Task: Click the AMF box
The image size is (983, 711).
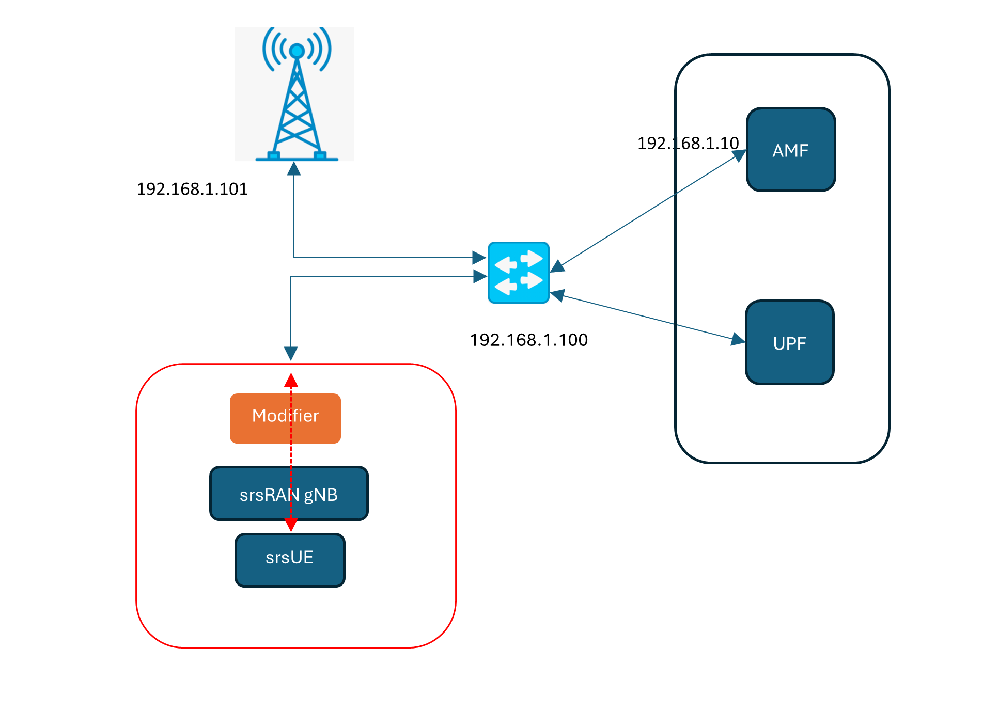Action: click(791, 150)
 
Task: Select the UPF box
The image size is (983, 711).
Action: click(790, 343)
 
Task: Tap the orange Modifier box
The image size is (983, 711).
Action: click(285, 418)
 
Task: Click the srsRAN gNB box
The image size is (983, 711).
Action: click(289, 494)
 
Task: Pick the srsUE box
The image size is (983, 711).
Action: click(290, 560)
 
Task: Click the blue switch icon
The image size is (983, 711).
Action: click(518, 273)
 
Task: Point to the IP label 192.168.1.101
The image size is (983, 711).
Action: click(192, 189)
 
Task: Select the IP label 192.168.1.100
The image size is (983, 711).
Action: click(528, 340)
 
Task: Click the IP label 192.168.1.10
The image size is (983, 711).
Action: click(688, 143)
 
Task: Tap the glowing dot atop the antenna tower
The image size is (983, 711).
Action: click(297, 51)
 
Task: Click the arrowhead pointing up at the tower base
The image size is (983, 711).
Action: click(294, 168)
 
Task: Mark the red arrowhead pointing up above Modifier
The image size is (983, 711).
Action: click(291, 381)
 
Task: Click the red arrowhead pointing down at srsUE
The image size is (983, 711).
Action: click(291, 525)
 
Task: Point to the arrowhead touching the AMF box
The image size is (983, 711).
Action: click(739, 155)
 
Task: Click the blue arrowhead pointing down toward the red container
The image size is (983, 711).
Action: click(291, 353)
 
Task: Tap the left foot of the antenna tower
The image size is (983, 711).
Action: click(274, 155)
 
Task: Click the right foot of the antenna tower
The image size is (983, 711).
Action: click(320, 155)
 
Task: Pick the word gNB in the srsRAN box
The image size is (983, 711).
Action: click(321, 495)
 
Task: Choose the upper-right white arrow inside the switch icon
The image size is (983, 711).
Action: click(533, 258)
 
